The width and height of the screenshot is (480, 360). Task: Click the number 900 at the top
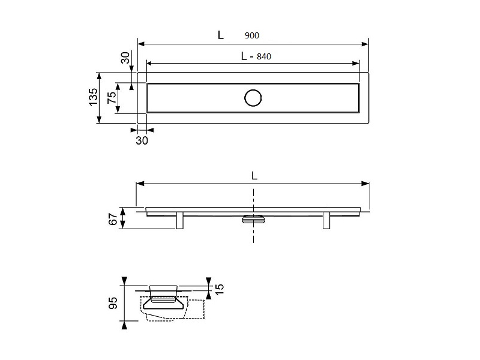tap(251, 35)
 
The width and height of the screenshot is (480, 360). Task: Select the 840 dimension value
tap(264, 56)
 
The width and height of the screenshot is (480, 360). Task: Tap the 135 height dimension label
tap(93, 97)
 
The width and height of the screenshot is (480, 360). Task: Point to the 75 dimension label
tap(112, 97)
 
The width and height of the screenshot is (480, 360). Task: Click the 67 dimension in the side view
tap(113, 219)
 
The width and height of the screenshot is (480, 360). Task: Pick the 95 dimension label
tap(113, 303)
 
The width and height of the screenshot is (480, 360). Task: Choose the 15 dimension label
tap(220, 289)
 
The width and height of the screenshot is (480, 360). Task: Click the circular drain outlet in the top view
tap(253, 98)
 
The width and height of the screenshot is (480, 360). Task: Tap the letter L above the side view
tap(254, 176)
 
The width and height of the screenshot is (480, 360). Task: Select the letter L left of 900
tap(221, 35)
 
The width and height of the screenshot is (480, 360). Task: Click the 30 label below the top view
tap(142, 140)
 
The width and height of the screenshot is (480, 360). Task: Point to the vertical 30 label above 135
tap(125, 58)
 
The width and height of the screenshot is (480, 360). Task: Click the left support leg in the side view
tap(179, 220)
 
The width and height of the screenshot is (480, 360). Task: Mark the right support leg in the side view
tap(326, 220)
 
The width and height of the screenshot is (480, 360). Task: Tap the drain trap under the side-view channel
tap(253, 219)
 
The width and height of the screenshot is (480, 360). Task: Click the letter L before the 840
tap(244, 56)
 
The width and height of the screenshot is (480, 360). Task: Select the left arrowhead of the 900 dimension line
tap(141, 44)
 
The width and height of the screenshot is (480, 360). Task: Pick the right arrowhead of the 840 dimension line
tap(355, 64)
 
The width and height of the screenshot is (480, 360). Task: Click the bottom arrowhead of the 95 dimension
tap(124, 325)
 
